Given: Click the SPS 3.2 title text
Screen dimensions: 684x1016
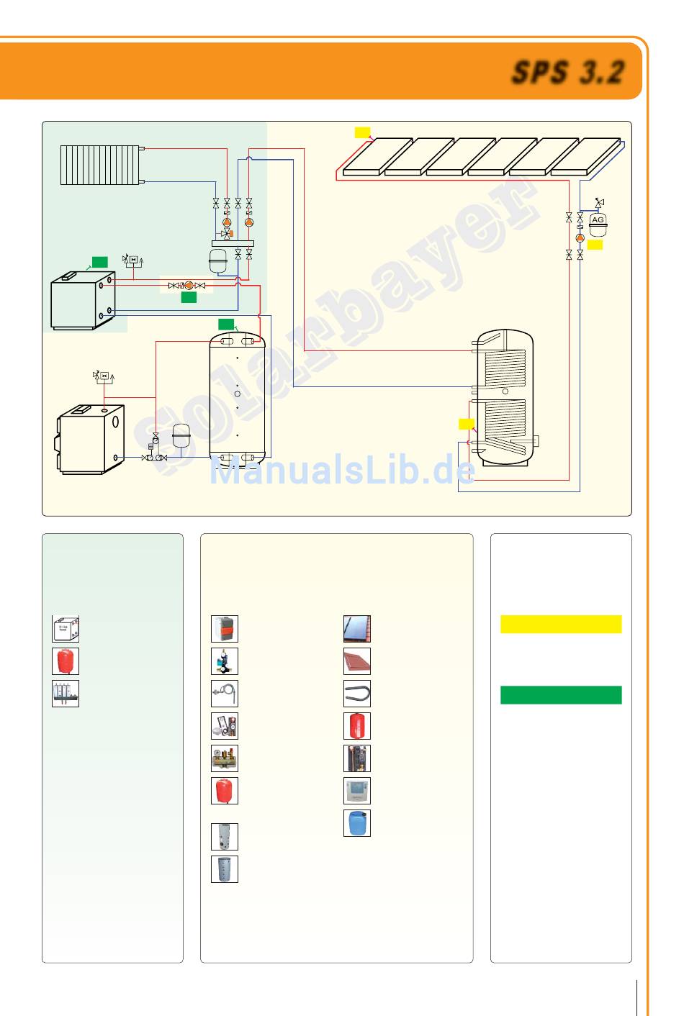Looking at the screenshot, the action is [x=568, y=73].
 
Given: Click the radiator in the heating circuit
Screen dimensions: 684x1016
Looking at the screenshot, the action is [x=100, y=165].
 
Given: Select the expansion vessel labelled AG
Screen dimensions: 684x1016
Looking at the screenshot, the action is [x=598, y=224].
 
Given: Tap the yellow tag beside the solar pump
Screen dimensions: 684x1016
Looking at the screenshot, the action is [x=595, y=245].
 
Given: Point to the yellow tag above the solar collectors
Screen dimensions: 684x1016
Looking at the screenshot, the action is [x=362, y=132].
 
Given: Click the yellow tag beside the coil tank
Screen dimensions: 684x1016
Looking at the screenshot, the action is [x=467, y=424].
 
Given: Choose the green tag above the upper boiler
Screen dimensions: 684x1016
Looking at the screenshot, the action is [x=100, y=262].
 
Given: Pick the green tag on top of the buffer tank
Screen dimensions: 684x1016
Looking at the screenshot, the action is [x=226, y=325].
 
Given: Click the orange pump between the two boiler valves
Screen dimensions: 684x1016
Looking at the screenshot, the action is [x=188, y=286].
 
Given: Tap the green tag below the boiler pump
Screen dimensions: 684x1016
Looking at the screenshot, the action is [x=189, y=297].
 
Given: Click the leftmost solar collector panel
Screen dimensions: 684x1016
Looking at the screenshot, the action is [x=372, y=157].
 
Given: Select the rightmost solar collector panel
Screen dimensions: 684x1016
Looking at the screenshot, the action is [x=585, y=157].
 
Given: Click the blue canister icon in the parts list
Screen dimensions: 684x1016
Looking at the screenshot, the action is [x=357, y=823].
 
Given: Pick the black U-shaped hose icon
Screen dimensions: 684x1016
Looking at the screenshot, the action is [x=357, y=694].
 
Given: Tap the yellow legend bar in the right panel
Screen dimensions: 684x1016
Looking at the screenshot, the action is [x=561, y=624].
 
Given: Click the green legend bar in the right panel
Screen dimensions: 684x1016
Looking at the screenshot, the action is [x=561, y=695].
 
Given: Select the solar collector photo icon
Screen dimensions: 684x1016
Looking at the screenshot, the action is [x=357, y=629].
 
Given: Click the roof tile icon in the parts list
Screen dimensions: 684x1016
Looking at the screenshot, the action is [x=357, y=661].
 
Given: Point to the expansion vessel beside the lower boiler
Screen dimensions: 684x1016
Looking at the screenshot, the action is [x=181, y=435].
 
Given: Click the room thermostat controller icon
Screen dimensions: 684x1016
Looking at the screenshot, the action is [x=357, y=791].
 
